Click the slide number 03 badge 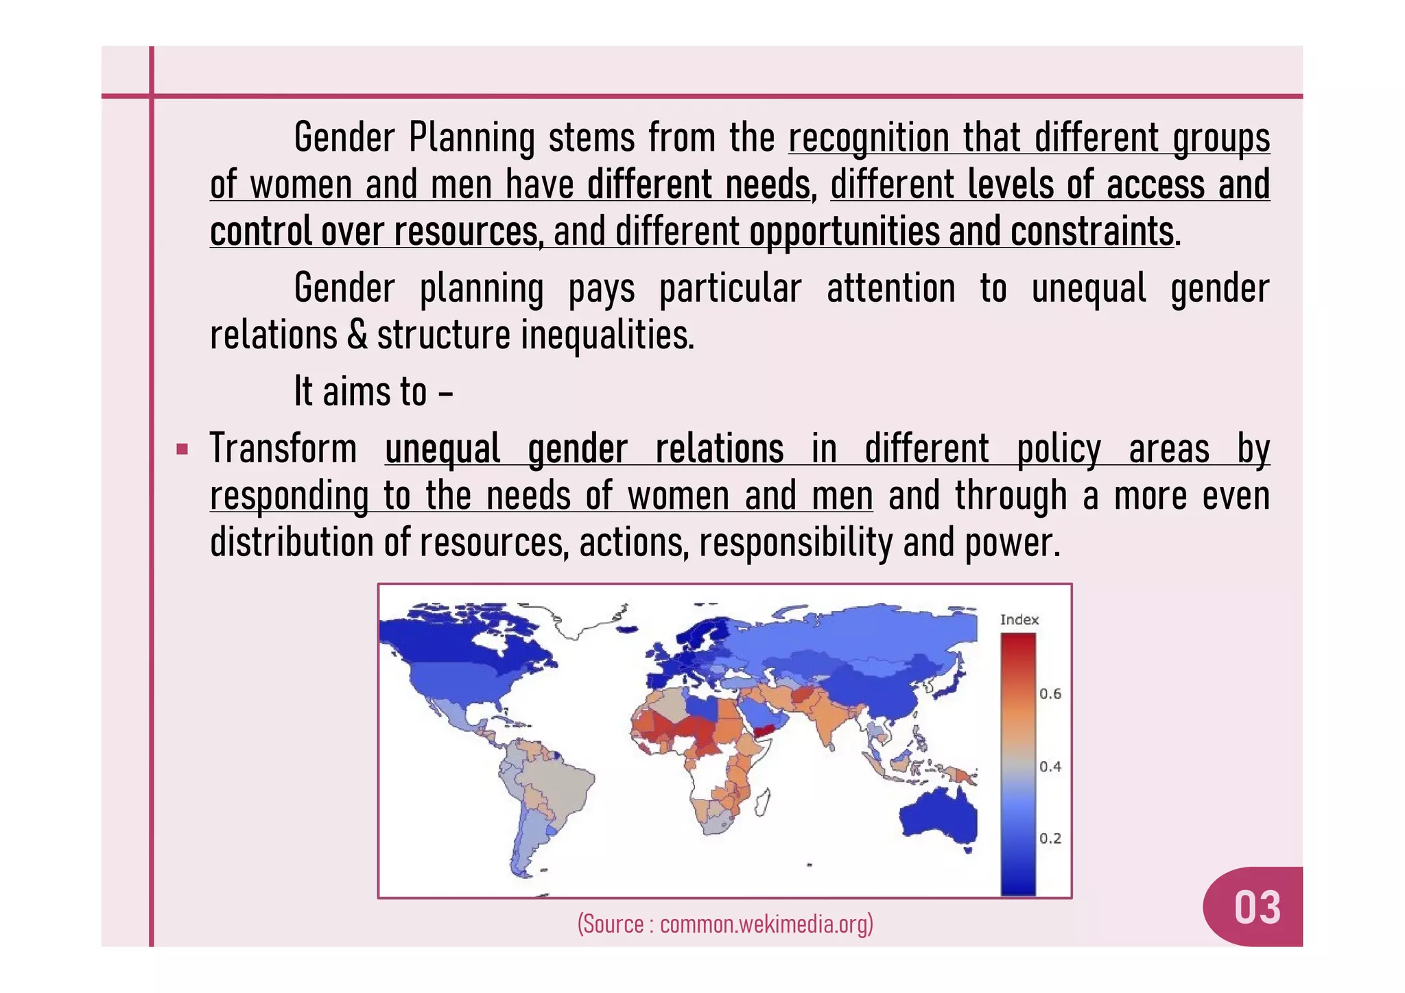coord(1257,907)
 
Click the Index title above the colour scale coord(1019,620)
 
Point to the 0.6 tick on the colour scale coord(1050,694)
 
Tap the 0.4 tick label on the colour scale coord(1050,767)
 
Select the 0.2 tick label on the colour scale coord(1050,839)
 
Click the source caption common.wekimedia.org coord(725,924)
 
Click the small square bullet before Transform coord(182,450)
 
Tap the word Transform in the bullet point coord(283,449)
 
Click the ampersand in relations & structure coord(357,335)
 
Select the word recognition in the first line coord(868,138)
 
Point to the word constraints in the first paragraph coord(1091,232)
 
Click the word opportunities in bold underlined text coord(844,232)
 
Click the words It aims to coord(360,392)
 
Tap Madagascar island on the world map coord(763,802)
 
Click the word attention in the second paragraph coord(890,289)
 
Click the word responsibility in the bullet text coord(796,543)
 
